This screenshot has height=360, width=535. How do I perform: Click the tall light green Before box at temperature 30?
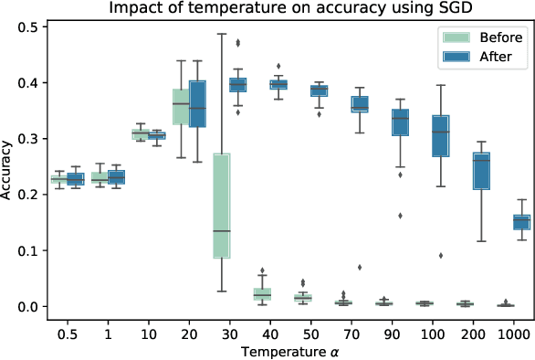(x=220, y=206)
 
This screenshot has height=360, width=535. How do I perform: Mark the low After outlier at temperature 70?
(x=360, y=267)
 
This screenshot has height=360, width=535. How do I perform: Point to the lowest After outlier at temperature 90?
(x=400, y=216)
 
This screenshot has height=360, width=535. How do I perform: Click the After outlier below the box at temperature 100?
(x=441, y=255)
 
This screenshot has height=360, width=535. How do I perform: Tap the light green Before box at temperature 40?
(x=262, y=294)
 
